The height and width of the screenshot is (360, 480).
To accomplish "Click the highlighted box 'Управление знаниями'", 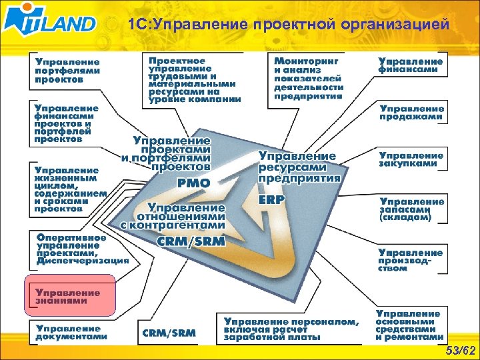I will tap(69, 296).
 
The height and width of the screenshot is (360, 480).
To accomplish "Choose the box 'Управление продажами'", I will tap(411, 112).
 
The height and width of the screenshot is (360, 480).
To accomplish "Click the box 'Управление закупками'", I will tap(411, 159).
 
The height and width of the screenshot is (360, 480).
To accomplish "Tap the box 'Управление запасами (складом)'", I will tap(411, 208).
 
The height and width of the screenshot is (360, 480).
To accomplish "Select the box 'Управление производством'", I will tap(410, 260).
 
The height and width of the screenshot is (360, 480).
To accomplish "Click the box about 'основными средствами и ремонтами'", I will tap(408, 325).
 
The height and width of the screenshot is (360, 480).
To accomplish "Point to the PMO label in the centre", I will tap(193, 182).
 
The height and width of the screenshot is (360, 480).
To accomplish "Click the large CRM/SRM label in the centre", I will tap(192, 240).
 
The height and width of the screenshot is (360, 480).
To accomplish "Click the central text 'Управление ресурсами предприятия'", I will tap(299, 167).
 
